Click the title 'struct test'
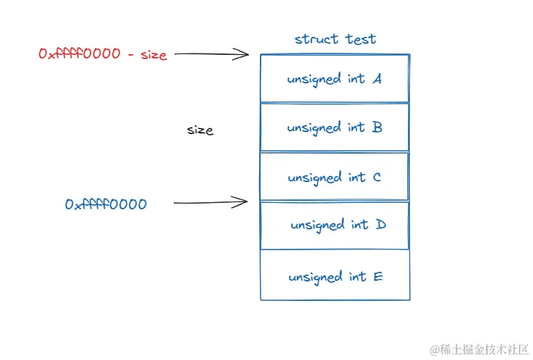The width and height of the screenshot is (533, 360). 335,39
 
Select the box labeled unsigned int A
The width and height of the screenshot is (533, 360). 334,79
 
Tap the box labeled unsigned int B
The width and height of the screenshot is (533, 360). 334,127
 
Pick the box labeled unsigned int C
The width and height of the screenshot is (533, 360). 334,177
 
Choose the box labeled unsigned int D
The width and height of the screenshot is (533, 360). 334,225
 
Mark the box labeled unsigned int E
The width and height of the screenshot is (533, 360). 334,276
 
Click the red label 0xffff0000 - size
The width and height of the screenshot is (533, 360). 103,54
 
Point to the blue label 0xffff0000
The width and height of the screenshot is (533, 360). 106,204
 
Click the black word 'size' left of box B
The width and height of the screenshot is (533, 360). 200,130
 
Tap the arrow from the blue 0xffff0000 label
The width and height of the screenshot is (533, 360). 210,203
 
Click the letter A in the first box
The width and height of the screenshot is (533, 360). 377,79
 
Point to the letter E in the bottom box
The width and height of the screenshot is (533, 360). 377,277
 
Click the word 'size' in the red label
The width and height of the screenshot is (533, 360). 154,55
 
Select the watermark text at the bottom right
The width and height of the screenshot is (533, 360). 479,349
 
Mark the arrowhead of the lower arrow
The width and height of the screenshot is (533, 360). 244,202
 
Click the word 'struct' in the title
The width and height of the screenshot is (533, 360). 316,39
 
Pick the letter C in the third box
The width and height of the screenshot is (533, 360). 377,177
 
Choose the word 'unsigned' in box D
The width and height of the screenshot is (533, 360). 318,226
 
